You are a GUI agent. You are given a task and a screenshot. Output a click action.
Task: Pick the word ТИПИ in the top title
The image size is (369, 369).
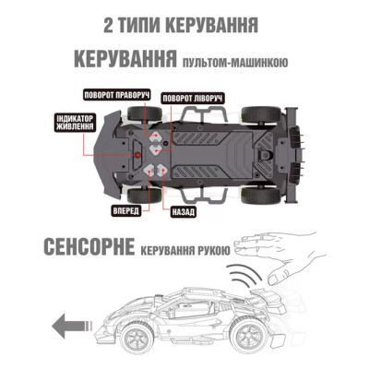coord(150,20)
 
